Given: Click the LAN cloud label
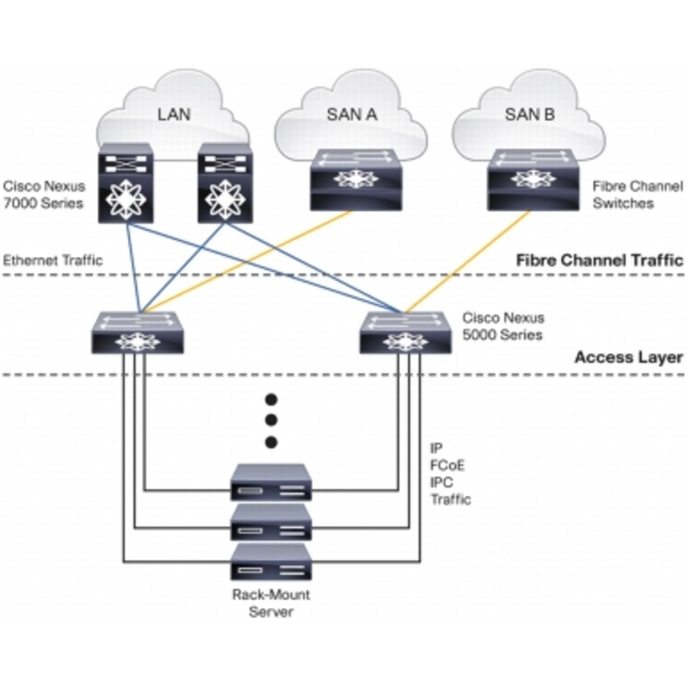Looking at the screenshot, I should coord(174,115).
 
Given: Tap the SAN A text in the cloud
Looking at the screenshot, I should coord(352,115).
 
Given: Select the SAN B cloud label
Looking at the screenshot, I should coord(530,115).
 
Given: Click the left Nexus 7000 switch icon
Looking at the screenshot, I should coord(126,183).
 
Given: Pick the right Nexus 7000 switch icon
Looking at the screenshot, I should coord(225,183).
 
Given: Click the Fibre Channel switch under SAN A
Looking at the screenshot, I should coord(356,180).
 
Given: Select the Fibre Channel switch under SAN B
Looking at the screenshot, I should coord(533,180).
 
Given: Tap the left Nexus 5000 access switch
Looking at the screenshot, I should coord(138,333).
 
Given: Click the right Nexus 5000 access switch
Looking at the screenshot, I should coord(405,333).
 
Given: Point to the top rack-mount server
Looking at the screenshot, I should coord(271,483).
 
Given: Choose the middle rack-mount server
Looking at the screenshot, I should coord(271,522).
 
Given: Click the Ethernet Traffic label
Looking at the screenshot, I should coord(53,261).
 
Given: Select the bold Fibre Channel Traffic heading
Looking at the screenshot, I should coord(599,261).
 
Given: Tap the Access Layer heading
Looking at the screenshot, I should coord(629,358).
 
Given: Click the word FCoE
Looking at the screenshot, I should coord(447,465).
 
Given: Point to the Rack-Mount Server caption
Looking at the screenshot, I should coord(271,603).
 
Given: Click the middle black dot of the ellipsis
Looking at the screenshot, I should coord(271,420).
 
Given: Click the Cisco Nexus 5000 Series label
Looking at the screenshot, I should coord(503,326).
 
